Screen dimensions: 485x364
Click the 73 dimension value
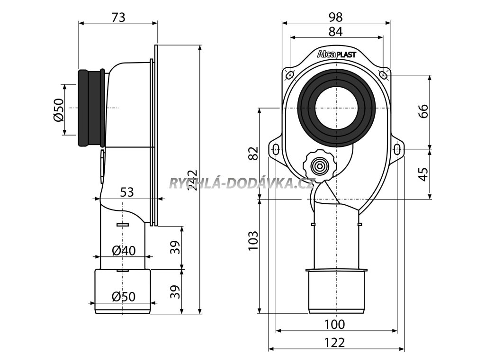(118, 18)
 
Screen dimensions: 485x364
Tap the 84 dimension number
(336, 32)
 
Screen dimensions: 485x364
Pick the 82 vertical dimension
(253, 154)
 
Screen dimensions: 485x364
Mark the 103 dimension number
(253, 241)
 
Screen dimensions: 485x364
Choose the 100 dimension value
(335, 325)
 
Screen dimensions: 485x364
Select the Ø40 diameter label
(124, 250)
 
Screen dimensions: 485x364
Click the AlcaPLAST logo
(336, 55)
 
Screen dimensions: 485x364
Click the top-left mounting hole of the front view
(289, 74)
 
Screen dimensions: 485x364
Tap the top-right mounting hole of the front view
(384, 74)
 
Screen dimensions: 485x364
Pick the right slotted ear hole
(397, 150)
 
